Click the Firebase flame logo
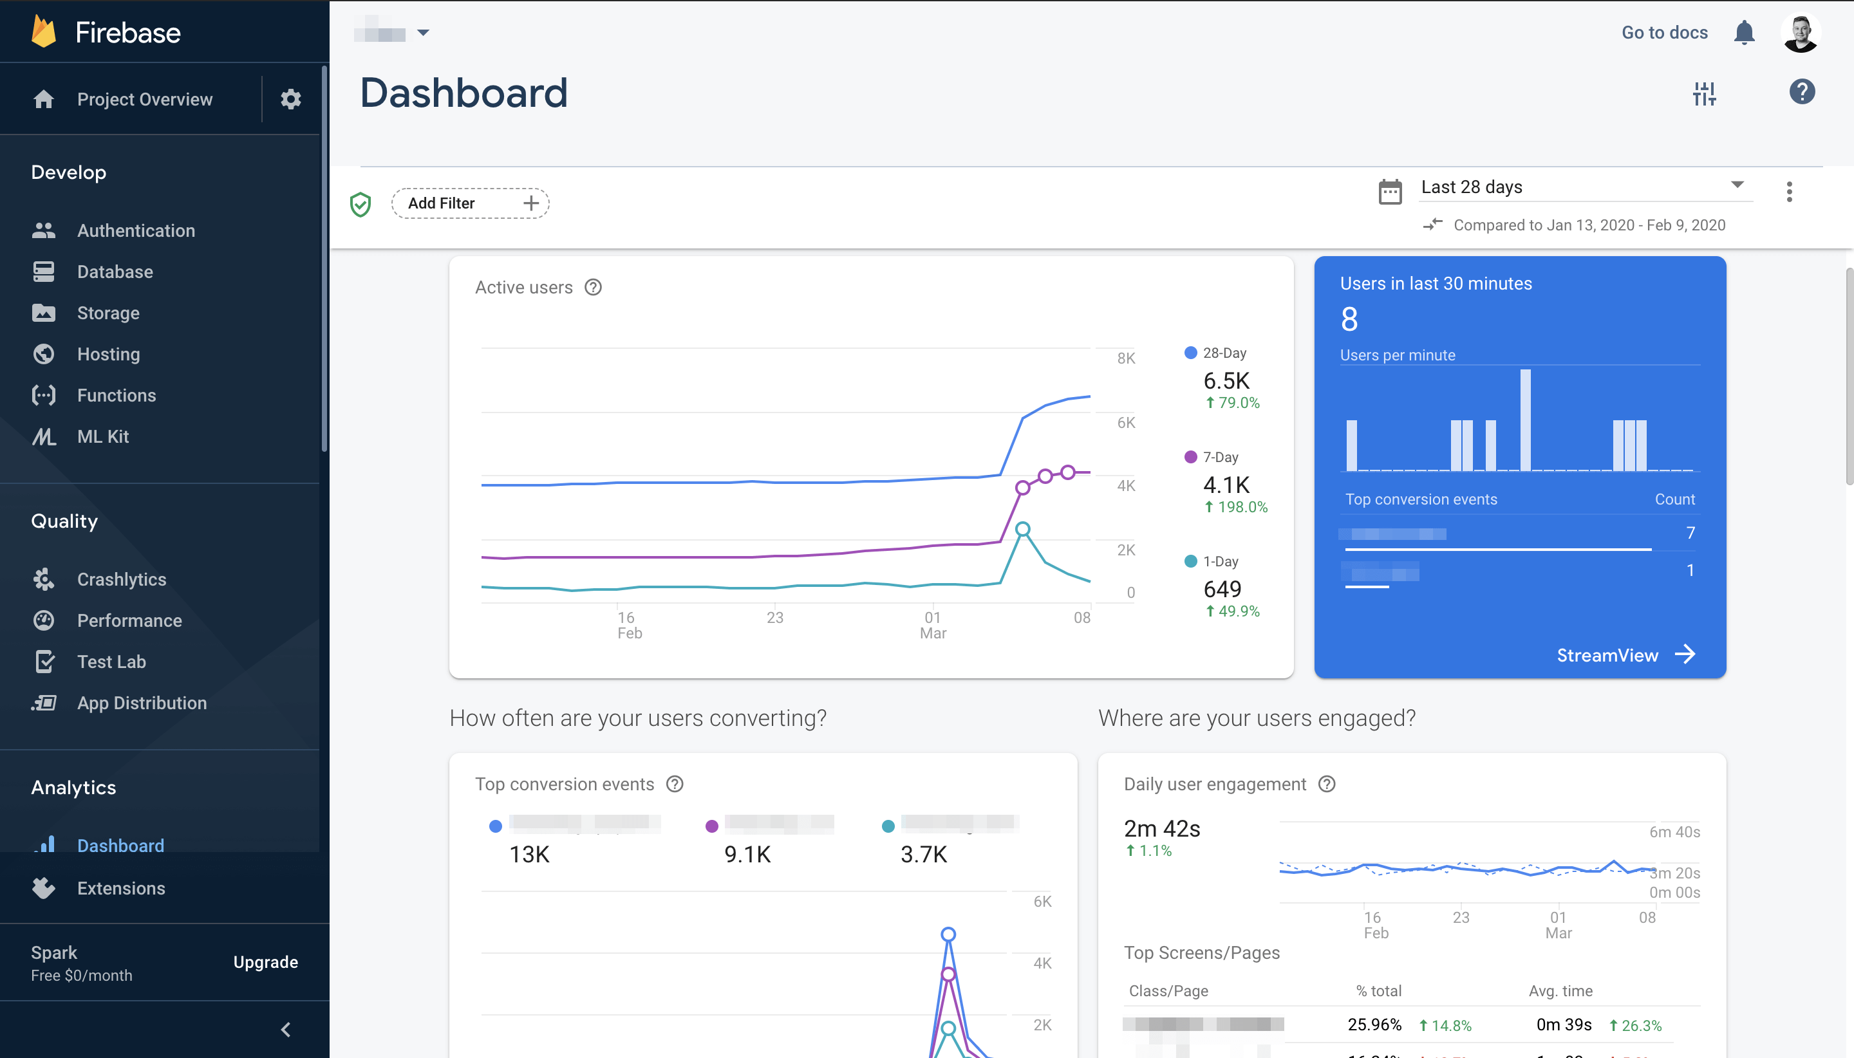click(44, 32)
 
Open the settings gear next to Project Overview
click(291, 99)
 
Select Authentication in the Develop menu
click(136, 230)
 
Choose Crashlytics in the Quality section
click(122, 579)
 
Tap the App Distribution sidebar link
click(142, 703)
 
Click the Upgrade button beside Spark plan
click(265, 961)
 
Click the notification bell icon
click(1743, 33)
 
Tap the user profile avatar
click(1800, 33)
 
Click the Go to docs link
click(1664, 33)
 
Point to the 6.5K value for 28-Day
click(1226, 381)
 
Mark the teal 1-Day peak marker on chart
click(1022, 529)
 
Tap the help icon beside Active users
click(593, 287)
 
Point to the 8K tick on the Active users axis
click(1126, 358)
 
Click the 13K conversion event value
click(529, 854)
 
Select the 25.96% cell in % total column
click(1374, 1025)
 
